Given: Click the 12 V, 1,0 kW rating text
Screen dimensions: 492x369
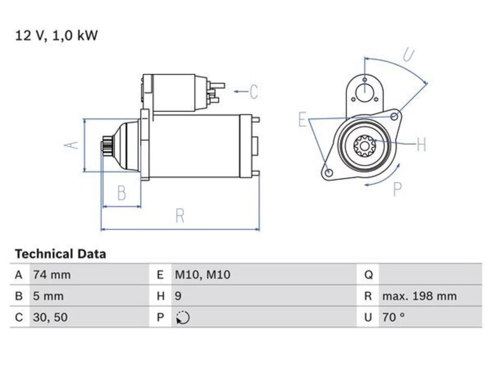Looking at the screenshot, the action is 56,36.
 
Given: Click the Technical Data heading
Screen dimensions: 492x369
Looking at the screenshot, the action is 60,254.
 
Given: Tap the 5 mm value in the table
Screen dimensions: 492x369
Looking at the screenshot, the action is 48,296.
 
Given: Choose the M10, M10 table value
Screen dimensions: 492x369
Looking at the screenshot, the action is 203,275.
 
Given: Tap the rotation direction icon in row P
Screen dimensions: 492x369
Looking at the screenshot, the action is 183,317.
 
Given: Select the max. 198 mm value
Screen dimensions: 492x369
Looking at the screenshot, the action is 419,296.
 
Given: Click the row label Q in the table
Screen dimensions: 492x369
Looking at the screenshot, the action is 369,275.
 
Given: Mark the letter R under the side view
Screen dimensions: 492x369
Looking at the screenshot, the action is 180,216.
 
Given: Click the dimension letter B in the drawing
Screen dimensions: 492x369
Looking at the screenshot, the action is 121,193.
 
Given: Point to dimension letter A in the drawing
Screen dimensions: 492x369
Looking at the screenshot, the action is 71,145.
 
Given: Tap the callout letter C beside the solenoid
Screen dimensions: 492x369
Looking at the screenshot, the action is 254,91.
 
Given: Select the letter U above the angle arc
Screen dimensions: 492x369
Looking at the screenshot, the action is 409,55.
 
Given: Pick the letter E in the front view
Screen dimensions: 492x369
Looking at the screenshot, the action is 303,119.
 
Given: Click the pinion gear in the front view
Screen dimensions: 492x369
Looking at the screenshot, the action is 364,146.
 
